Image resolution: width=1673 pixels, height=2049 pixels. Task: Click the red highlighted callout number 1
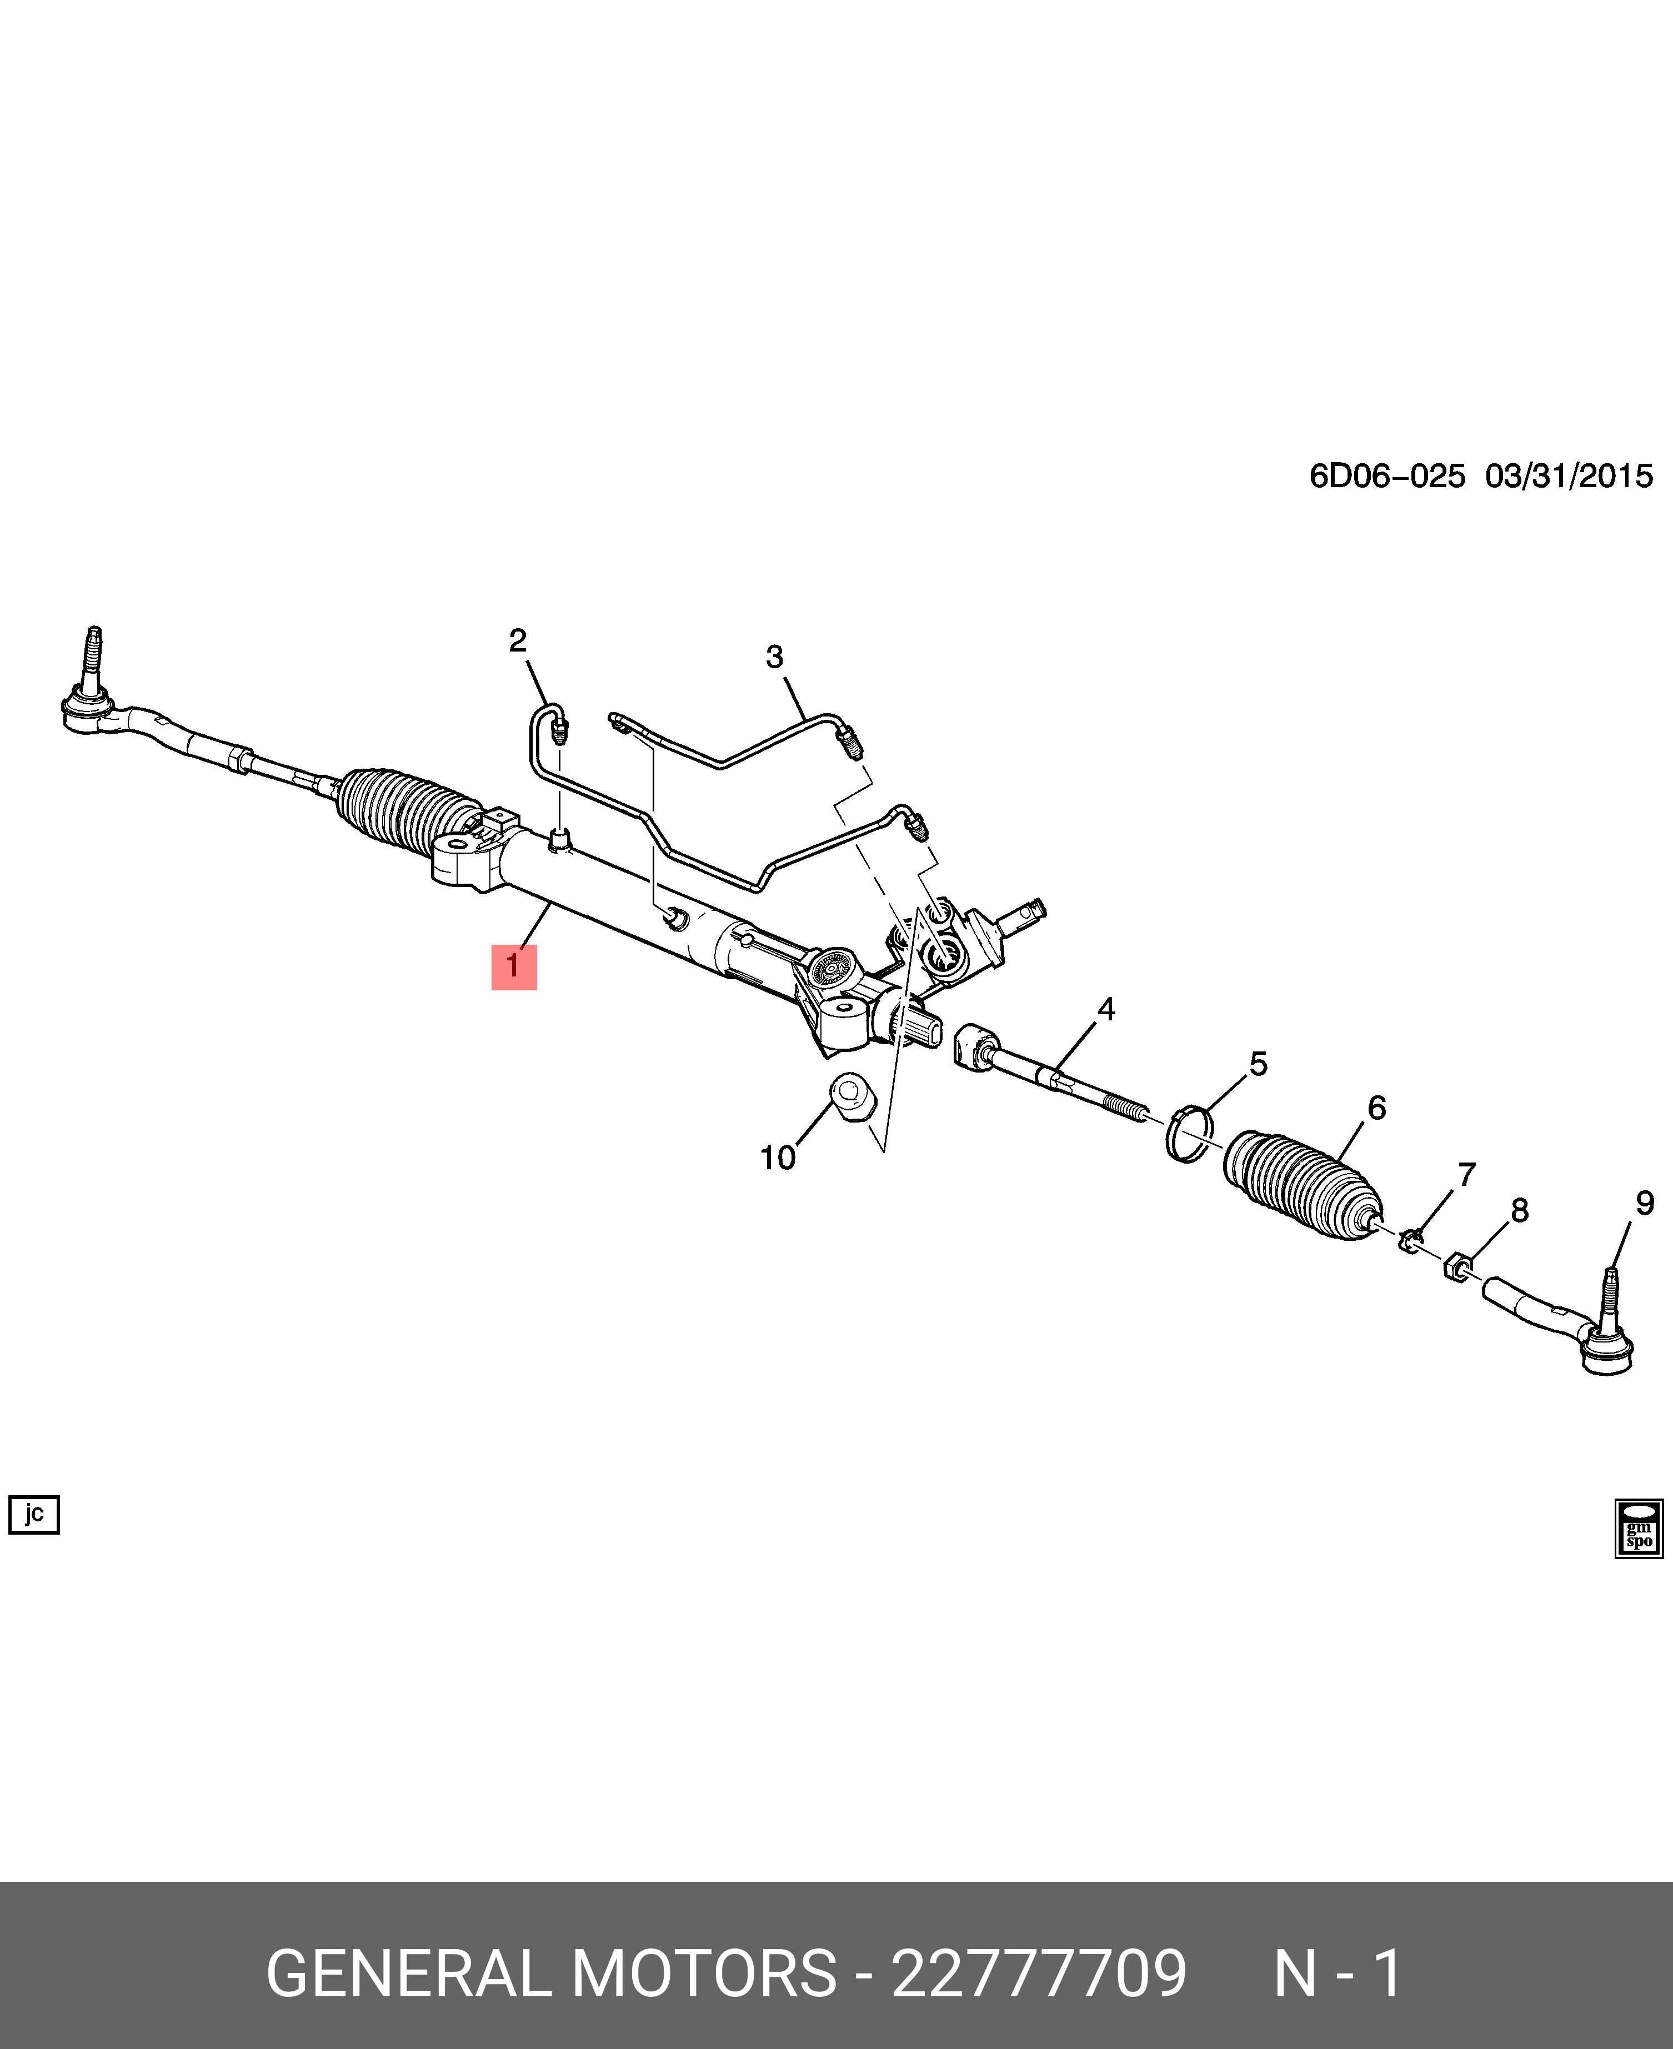514,966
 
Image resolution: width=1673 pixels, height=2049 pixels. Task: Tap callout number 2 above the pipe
518,641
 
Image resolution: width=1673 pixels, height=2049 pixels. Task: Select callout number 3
775,657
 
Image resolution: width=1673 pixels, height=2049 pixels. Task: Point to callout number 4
1105,1010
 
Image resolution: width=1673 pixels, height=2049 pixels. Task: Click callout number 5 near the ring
1258,1065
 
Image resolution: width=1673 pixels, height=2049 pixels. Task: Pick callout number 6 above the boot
1376,1108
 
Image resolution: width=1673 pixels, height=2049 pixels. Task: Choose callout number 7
1466,1175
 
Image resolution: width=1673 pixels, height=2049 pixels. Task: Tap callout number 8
1519,1210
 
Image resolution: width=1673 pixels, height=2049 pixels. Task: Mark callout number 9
1644,1203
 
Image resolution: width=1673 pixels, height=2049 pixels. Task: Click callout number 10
778,1158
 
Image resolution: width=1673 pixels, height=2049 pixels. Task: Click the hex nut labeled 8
1457,1265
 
